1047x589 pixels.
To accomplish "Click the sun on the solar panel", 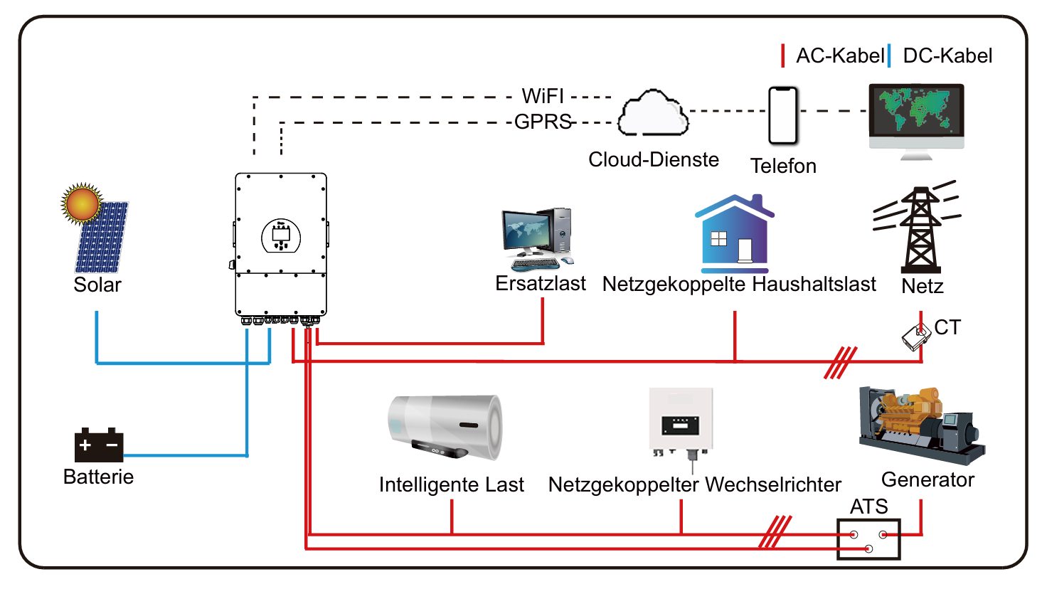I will click(81, 204).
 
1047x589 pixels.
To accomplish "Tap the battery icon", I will click(99, 445).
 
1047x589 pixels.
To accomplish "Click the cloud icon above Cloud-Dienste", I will click(652, 114).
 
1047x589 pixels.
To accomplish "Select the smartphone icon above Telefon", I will click(783, 116).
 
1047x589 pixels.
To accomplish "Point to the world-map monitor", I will click(916, 114).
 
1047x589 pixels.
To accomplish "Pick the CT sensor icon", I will click(916, 336).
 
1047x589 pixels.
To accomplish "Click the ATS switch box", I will click(868, 539).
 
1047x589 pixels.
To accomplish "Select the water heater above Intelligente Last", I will click(445, 426).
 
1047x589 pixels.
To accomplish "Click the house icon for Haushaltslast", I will click(735, 234).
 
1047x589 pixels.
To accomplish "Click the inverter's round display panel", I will click(281, 236).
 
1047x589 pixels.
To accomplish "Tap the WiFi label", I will click(543, 96).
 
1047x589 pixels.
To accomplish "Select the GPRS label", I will click(543, 122).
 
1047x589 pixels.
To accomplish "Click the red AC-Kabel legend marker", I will click(782, 55).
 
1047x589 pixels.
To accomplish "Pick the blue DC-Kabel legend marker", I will click(889, 55).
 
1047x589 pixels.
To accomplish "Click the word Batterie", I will click(98, 477).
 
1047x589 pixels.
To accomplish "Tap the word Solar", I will click(97, 285).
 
